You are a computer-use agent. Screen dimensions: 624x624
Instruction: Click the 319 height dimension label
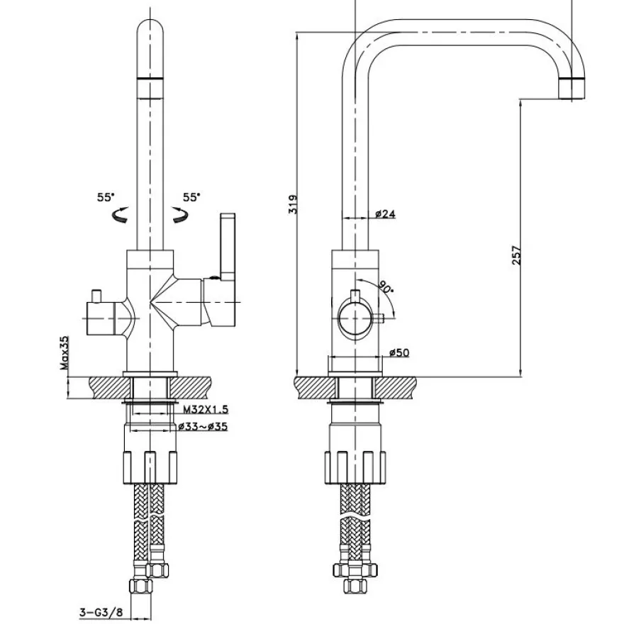click(293, 204)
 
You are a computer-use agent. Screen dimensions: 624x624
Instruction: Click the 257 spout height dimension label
click(516, 255)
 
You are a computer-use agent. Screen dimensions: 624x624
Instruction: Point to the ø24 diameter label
click(385, 213)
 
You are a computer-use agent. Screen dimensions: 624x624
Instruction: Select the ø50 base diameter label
click(399, 352)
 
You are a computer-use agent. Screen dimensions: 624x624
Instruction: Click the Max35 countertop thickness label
click(65, 352)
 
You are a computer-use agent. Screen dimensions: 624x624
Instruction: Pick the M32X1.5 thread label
click(206, 409)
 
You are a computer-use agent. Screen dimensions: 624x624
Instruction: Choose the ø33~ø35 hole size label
click(203, 427)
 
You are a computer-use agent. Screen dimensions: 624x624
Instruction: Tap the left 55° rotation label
click(106, 197)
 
